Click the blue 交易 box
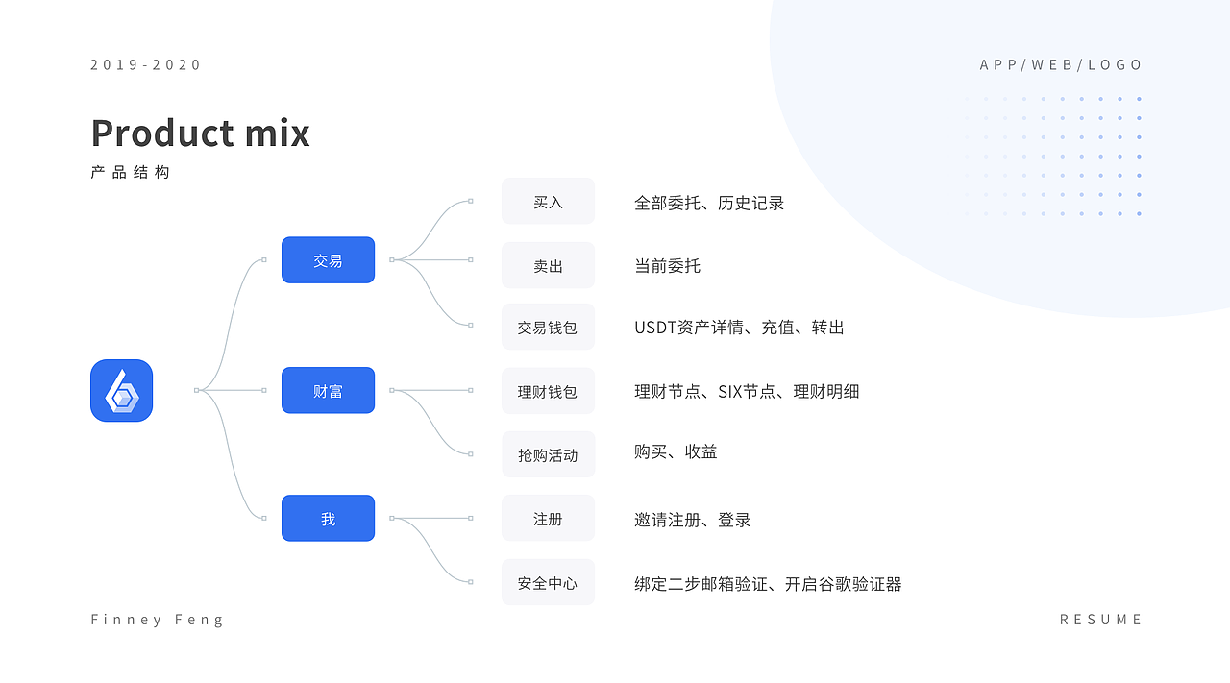pos(328,259)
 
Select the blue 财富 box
pos(328,390)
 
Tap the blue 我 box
pos(328,519)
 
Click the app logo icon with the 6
pos(121,390)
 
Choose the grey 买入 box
pos(548,201)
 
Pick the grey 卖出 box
pos(548,265)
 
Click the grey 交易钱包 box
pos(548,327)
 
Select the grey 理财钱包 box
pos(548,390)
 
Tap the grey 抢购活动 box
pos(548,454)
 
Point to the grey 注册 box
pos(548,519)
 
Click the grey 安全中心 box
pos(548,582)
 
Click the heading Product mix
pos(201,133)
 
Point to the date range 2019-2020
pos(145,64)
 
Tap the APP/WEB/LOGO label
pos(1061,64)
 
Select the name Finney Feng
pos(157,620)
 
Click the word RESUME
pos(1100,620)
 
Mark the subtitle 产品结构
pos(130,172)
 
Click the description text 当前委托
pos(667,266)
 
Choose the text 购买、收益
pos(676,451)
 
